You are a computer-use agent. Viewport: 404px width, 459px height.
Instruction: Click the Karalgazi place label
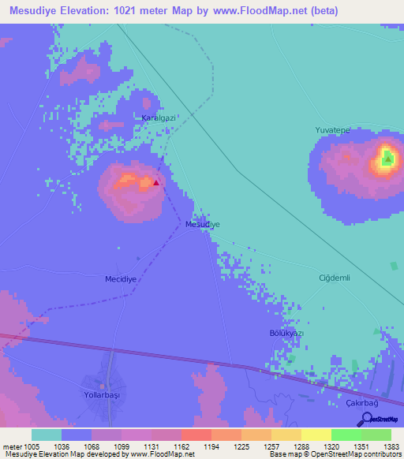pos(157,118)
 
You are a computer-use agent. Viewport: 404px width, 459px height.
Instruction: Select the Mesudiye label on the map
pos(202,225)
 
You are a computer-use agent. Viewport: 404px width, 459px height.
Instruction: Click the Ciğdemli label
pos(333,278)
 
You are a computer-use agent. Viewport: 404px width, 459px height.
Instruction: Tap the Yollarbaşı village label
pos(103,394)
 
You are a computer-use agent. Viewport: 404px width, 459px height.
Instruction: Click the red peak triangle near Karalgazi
pos(156,182)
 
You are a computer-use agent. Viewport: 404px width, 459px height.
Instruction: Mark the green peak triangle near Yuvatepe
pos(387,160)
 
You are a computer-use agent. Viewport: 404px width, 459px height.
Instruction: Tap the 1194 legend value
pos(211,446)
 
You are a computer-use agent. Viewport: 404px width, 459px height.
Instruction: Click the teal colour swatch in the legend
pos(47,435)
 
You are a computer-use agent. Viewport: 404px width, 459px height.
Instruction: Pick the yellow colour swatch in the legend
pos(316,435)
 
